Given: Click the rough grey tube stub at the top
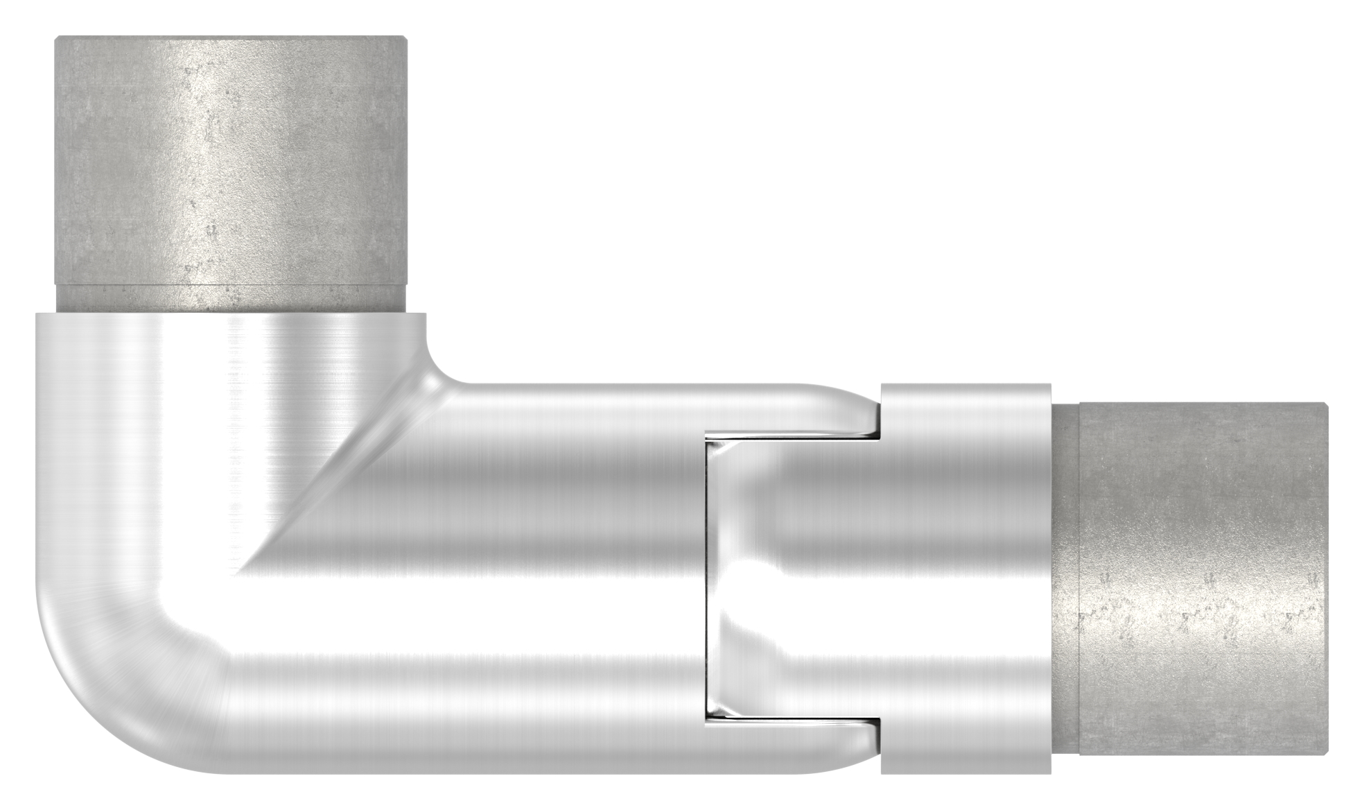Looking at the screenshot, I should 231,160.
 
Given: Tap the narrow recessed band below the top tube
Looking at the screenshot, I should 231,298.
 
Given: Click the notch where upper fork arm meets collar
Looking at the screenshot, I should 876,434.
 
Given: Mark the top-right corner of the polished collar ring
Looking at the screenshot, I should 1049,386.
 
